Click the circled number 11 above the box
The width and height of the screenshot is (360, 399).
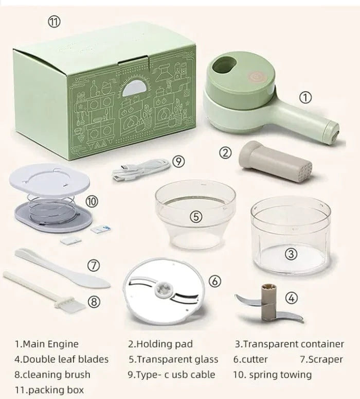tap(55, 22)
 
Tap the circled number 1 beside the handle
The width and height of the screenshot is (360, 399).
tap(305, 97)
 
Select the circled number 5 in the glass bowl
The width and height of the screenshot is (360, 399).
tap(196, 217)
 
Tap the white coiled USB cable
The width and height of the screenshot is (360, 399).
tap(141, 169)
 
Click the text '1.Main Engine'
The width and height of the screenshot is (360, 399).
tap(47, 344)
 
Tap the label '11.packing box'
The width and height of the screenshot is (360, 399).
tap(49, 390)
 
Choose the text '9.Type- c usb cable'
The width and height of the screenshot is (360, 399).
tap(172, 374)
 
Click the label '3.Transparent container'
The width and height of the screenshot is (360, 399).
tap(290, 344)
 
